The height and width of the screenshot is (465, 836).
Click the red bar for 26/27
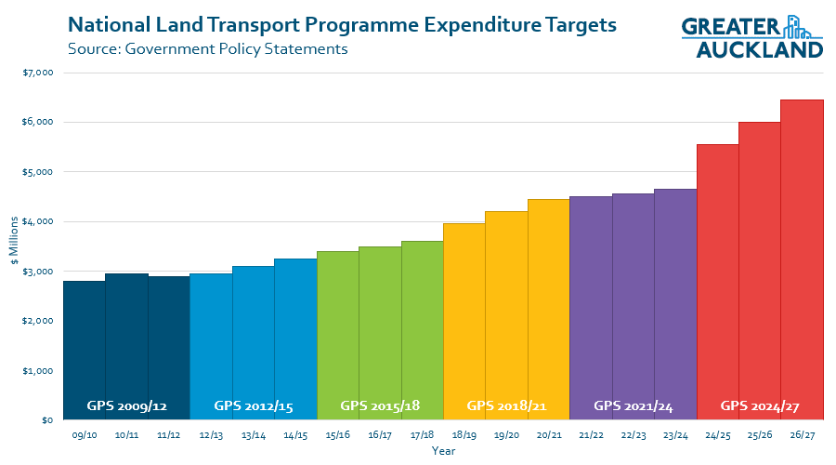click(x=802, y=260)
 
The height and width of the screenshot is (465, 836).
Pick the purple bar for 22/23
click(x=633, y=307)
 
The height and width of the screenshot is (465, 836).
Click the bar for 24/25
click(x=717, y=279)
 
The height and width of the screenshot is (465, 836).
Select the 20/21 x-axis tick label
click(x=548, y=435)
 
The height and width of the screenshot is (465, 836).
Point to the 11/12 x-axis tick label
click(x=168, y=435)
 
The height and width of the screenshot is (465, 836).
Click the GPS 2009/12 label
click(x=126, y=405)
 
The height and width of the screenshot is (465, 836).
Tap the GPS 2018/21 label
click(x=506, y=405)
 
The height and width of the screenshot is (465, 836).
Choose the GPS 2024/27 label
click(x=760, y=405)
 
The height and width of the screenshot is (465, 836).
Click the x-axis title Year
click(x=443, y=451)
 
